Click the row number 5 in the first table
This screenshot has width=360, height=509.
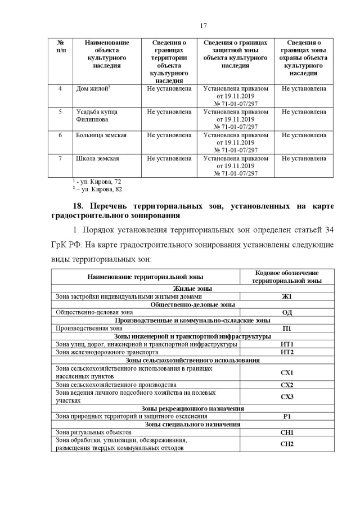(x=60, y=112)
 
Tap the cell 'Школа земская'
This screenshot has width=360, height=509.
(x=97, y=159)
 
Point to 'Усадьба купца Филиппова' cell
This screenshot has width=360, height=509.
(x=97, y=116)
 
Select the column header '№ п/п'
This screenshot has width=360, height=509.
(x=61, y=46)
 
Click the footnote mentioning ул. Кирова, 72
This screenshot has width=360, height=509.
(x=97, y=182)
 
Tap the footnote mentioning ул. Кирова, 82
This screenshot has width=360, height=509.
(x=97, y=189)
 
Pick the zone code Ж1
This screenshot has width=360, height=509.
(x=287, y=296)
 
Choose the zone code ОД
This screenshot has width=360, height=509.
(x=287, y=312)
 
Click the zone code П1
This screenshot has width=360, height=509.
(x=287, y=328)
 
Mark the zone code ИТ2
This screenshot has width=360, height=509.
(x=287, y=352)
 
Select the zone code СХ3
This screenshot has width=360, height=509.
(x=287, y=397)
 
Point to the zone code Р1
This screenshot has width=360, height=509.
(x=287, y=416)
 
